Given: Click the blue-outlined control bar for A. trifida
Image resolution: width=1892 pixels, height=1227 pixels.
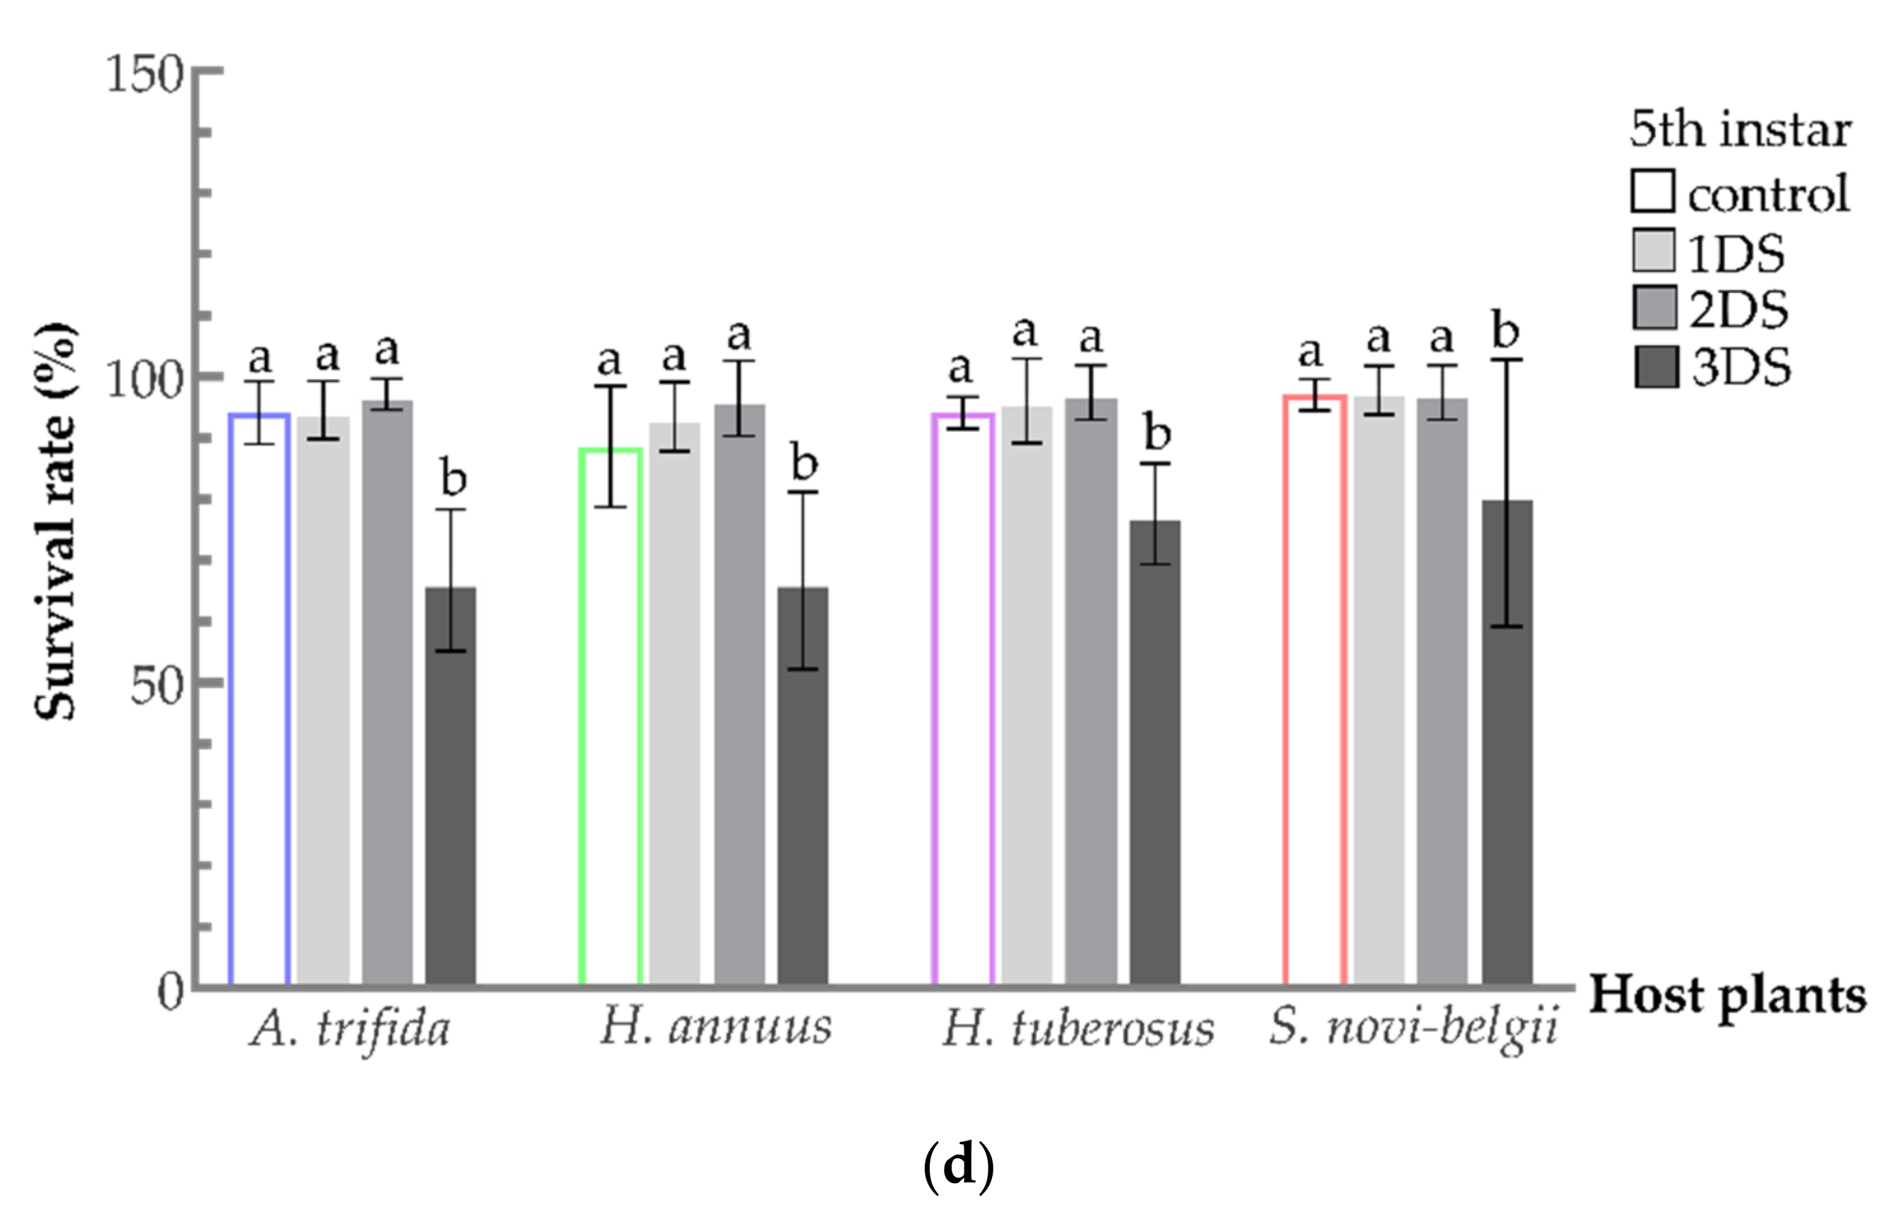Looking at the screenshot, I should click(x=259, y=700).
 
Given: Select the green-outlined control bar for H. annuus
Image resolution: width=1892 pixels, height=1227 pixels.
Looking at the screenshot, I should click(x=610, y=716).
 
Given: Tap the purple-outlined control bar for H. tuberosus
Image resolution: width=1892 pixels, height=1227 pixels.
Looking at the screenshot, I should click(x=963, y=700).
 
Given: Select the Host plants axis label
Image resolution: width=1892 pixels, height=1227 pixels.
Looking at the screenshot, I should click(x=1726, y=996).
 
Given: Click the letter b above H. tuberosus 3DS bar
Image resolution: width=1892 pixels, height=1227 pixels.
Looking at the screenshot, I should click(x=1157, y=433).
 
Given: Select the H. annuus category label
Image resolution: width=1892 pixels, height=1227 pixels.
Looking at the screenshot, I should click(x=714, y=1027).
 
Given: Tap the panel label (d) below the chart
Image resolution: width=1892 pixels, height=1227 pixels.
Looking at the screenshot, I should click(x=958, y=1167).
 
